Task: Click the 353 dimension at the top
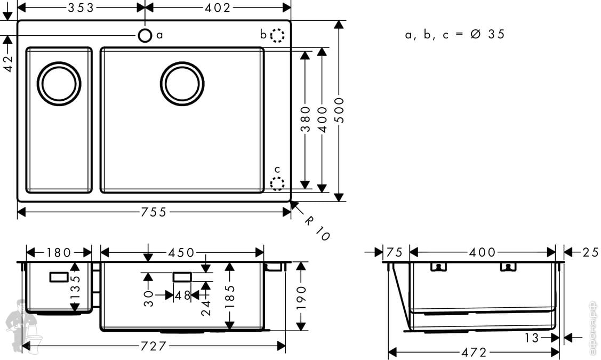click(81, 7)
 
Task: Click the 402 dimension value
click(218, 7)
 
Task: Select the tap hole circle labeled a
click(145, 36)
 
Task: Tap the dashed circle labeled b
click(277, 35)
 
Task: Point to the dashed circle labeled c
click(277, 183)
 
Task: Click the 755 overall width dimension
click(154, 212)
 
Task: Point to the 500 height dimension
click(339, 110)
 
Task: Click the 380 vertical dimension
click(305, 119)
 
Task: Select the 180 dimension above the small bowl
click(59, 253)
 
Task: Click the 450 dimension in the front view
click(181, 253)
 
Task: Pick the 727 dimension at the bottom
click(154, 346)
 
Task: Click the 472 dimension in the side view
click(474, 352)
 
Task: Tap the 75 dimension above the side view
click(394, 252)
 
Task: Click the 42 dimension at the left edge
click(7, 63)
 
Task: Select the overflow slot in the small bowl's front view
click(59, 277)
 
